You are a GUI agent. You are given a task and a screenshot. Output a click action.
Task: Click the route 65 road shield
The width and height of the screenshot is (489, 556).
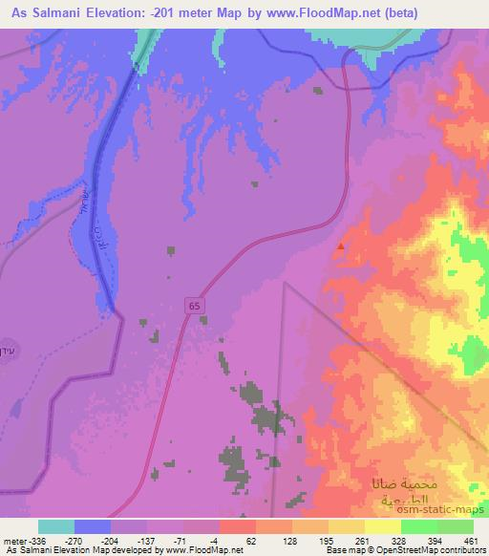194,305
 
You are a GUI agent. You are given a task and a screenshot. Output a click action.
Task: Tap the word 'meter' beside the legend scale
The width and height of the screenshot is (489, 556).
14,540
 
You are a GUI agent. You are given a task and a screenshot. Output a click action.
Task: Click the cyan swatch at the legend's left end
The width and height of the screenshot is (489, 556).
56,525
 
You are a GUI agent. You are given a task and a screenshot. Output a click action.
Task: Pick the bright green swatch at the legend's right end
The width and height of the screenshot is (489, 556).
456,525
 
